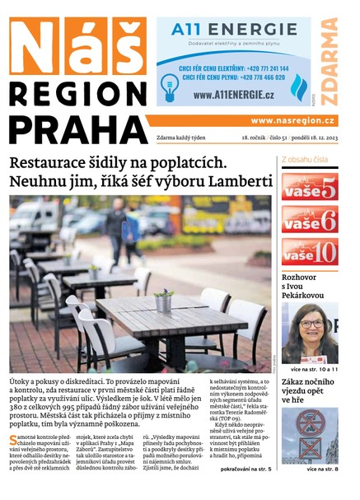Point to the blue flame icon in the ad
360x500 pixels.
tap(298, 86)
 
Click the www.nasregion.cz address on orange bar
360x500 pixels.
tap(292, 120)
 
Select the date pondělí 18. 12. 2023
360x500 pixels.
tap(304, 138)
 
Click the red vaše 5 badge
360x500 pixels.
tap(309, 187)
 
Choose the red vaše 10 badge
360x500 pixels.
tap(309, 251)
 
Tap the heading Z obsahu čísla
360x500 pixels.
tap(305, 159)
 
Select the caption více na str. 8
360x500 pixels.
tap(322, 469)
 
